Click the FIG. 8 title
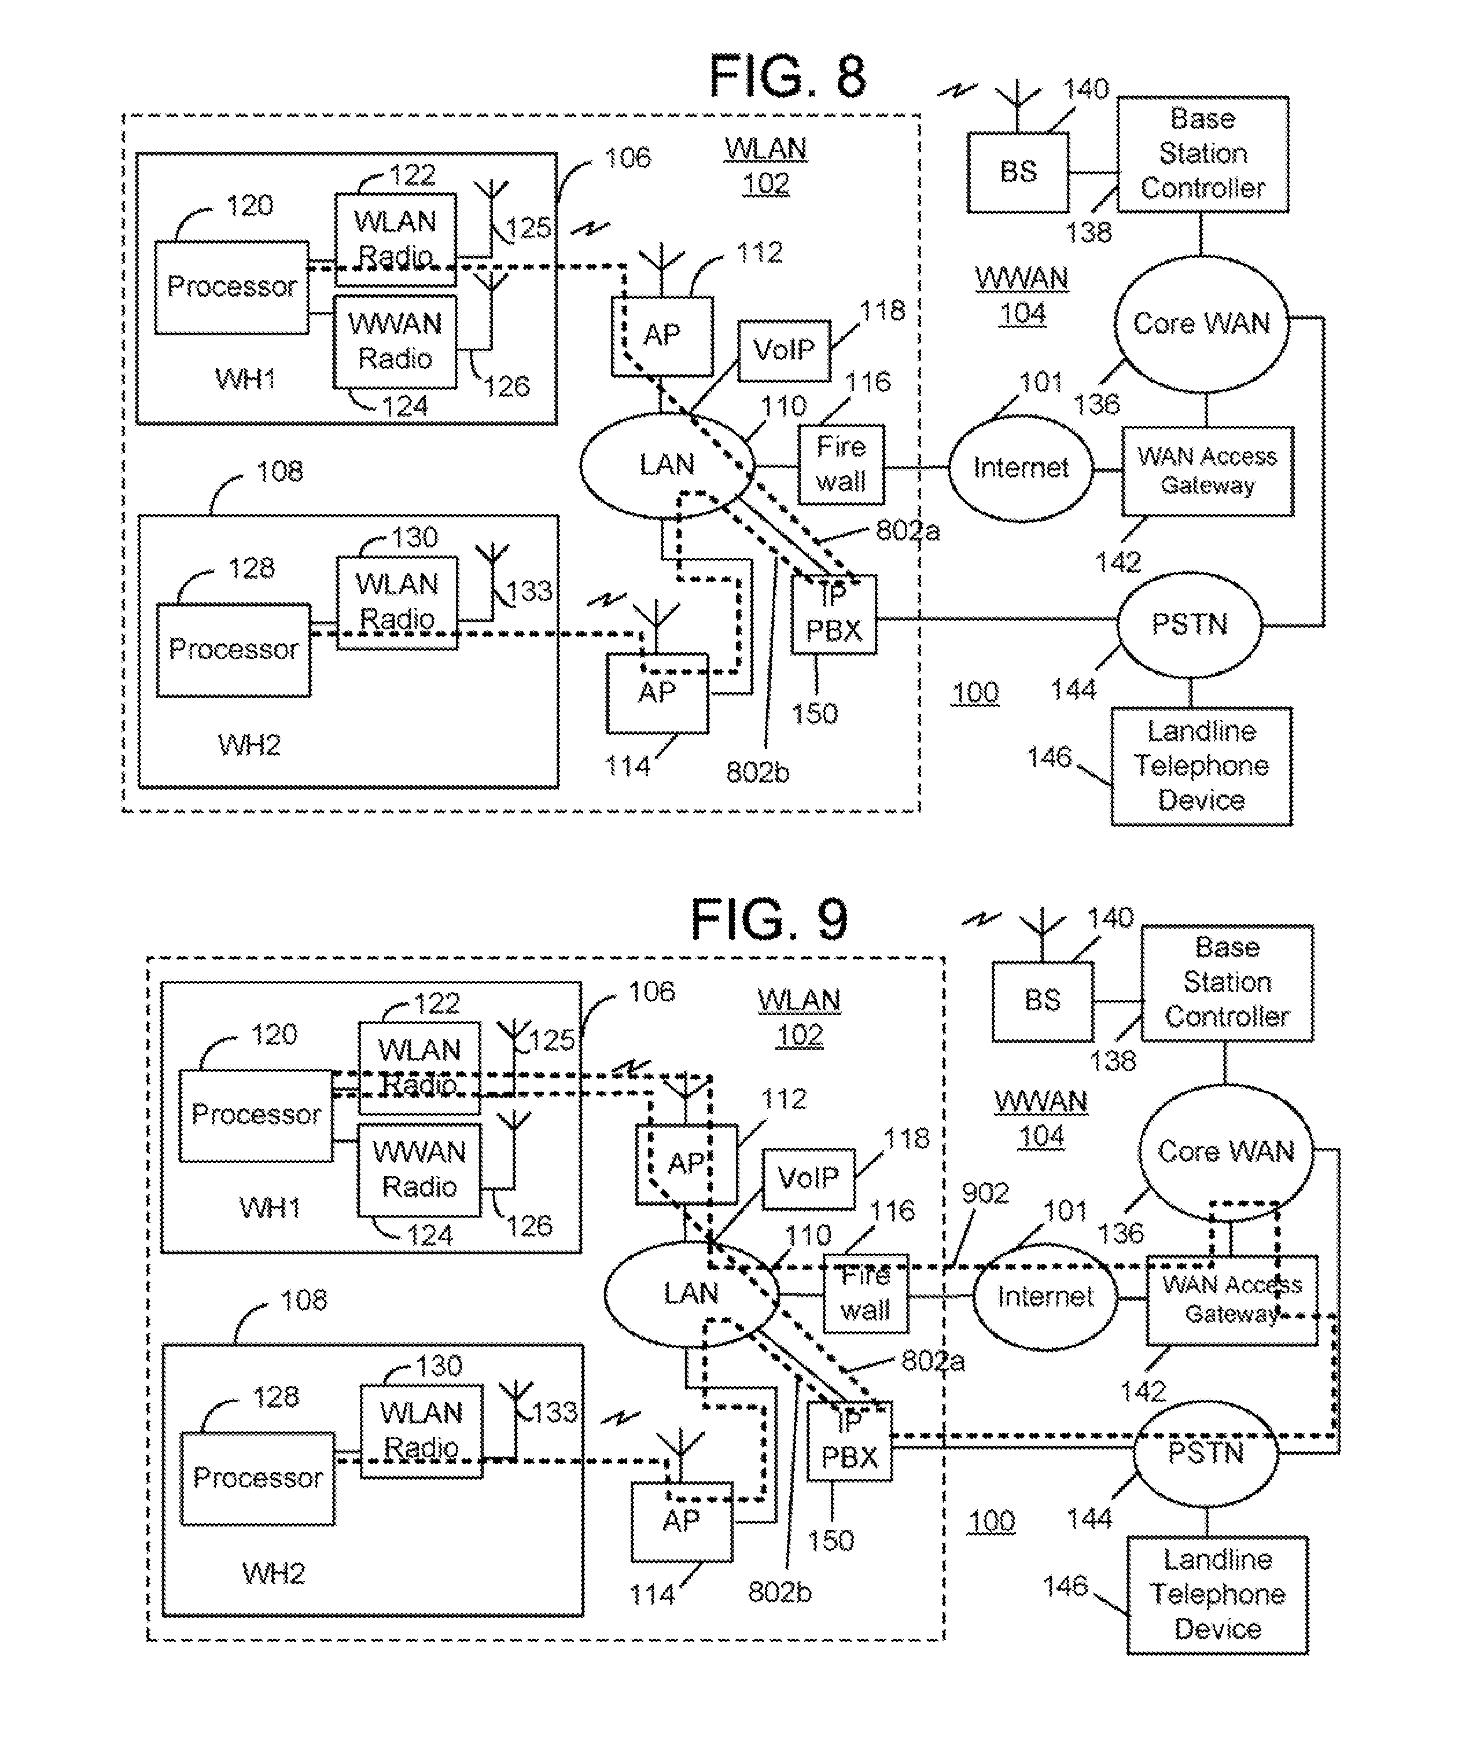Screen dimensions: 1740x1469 tap(786, 76)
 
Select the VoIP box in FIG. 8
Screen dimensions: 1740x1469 tap(783, 350)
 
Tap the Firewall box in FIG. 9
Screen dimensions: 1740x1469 tap(865, 1293)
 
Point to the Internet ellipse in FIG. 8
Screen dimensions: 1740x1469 tap(1020, 468)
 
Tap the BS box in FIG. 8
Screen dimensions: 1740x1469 tap(1018, 172)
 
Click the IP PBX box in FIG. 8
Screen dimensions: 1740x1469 tap(834, 615)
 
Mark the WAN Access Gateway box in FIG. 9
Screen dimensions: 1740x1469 tap(1232, 1300)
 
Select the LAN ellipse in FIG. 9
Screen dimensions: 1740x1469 tap(690, 1293)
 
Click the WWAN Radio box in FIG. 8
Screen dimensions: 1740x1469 tap(395, 341)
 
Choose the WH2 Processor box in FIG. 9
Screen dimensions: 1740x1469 tap(257, 1478)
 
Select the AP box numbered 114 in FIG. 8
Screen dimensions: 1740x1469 tap(657, 692)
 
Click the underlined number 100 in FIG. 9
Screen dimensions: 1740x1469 tap(992, 1521)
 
